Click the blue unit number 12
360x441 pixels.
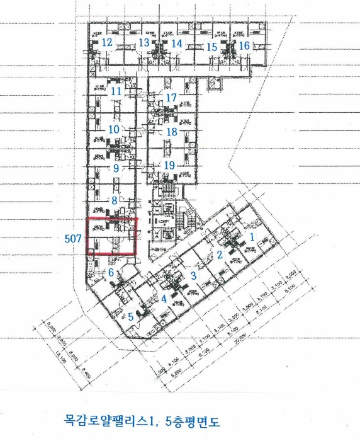coord(106,43)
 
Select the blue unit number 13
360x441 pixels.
coord(143,43)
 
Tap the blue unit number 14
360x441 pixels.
coord(177,43)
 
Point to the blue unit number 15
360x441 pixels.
coord(212,47)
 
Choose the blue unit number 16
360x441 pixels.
coord(244,45)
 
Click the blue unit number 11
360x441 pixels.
coord(115,91)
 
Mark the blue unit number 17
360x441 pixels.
coord(172,98)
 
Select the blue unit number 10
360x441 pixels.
coord(114,129)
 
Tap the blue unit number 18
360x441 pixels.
coord(171,132)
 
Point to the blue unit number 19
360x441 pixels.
coord(169,165)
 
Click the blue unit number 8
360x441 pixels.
coord(114,200)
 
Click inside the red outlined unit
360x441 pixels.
coord(111,236)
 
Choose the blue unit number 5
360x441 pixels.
coord(131,316)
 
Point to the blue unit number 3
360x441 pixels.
coord(194,276)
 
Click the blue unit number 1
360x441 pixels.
coord(252,238)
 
